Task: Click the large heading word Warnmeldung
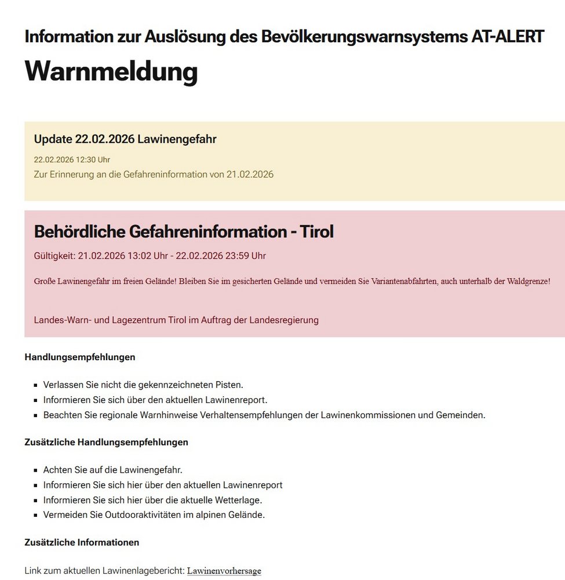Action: pyautogui.click(x=111, y=72)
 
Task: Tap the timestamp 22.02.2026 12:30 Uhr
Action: pyautogui.click(x=72, y=159)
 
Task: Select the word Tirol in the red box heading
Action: pyautogui.click(x=315, y=231)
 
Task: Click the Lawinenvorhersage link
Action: pyautogui.click(x=224, y=571)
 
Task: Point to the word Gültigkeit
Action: pyautogui.click(x=54, y=256)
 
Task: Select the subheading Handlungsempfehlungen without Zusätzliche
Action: pyautogui.click(x=80, y=357)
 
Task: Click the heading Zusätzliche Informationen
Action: pyautogui.click(x=82, y=542)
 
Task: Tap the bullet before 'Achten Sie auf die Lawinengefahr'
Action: pyautogui.click(x=36, y=470)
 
